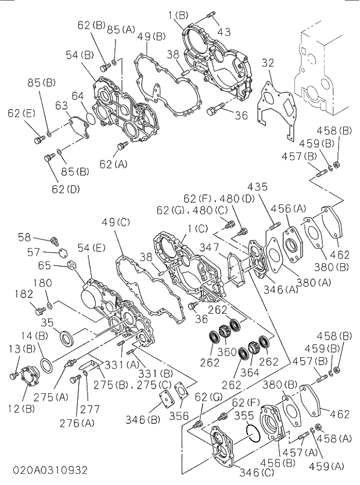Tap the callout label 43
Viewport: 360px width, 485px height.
click(x=224, y=31)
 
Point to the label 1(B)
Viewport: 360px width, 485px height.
click(x=178, y=14)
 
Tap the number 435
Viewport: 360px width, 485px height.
click(x=257, y=187)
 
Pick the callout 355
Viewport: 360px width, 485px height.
click(x=243, y=415)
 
